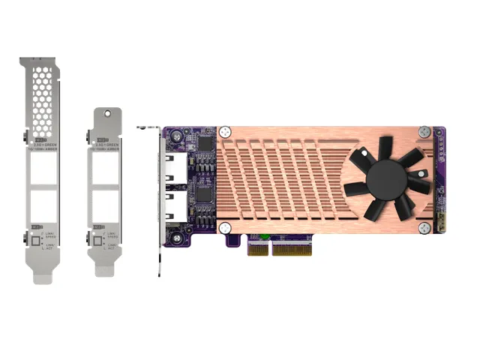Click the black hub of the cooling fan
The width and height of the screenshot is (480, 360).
(x=388, y=178)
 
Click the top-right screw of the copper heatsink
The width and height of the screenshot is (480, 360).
(x=424, y=132)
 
